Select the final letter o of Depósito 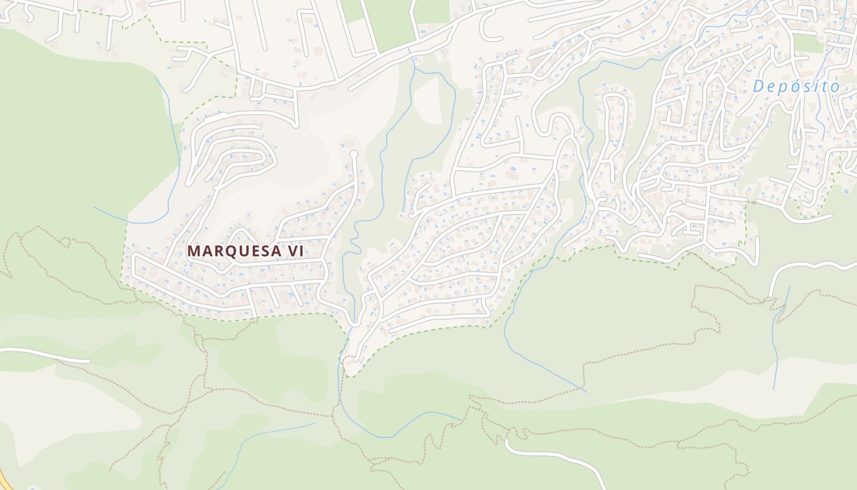(835, 87)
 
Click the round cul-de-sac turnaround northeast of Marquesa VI (353, 153)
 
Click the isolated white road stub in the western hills (43, 354)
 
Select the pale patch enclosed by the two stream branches (428, 98)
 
